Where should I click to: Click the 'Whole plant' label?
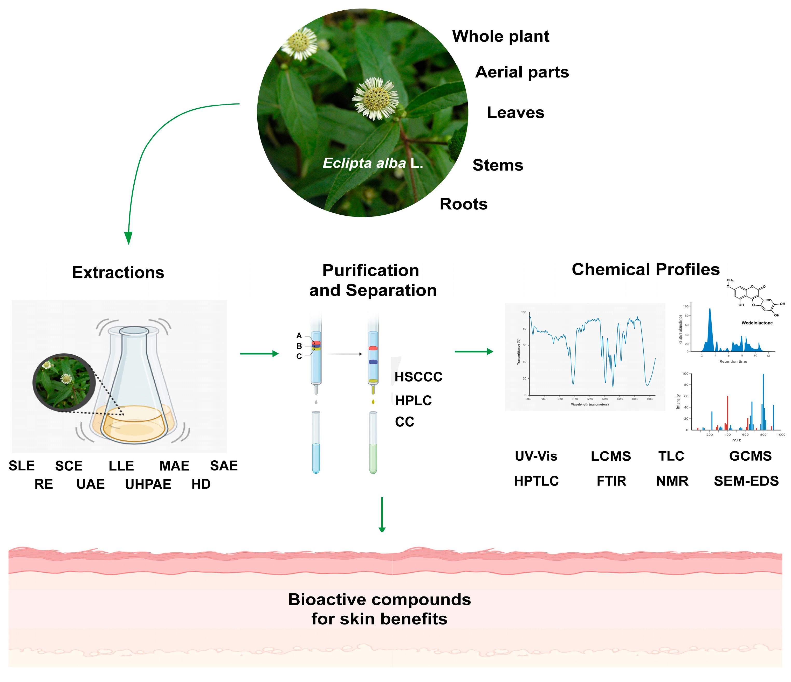point(500,37)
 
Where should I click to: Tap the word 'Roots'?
point(463,204)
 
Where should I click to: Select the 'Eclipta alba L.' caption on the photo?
point(373,163)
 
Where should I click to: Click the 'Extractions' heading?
point(118,273)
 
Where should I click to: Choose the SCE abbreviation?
point(69,466)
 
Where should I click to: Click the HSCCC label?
point(418,377)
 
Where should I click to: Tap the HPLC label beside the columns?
point(414,400)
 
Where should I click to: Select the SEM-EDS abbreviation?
point(746,481)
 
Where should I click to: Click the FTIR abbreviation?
point(611,481)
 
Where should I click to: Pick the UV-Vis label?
point(536,456)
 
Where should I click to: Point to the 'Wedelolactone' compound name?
point(757,323)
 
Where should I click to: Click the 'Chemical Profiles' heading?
point(645,269)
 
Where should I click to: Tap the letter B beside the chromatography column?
point(299,346)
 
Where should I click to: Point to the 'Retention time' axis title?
point(733,362)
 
